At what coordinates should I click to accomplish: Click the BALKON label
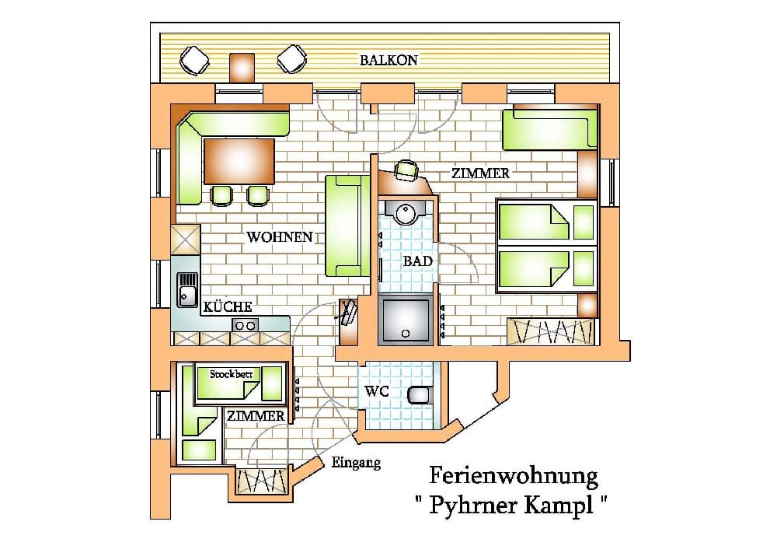(388, 60)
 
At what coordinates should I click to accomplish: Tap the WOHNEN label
(280, 237)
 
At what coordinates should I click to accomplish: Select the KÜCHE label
(228, 306)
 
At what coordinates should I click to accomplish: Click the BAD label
(417, 261)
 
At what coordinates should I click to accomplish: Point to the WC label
(377, 391)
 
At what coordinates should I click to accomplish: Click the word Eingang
(356, 463)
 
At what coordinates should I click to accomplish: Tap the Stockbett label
(231, 374)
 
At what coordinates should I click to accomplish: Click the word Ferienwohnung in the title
(514, 476)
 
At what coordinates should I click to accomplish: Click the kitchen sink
(187, 289)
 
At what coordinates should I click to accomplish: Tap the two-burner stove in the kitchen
(245, 325)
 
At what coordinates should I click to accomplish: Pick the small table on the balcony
(242, 68)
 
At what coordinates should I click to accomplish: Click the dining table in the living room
(239, 161)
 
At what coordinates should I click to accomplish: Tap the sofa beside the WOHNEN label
(347, 226)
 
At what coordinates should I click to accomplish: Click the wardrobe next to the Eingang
(262, 480)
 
